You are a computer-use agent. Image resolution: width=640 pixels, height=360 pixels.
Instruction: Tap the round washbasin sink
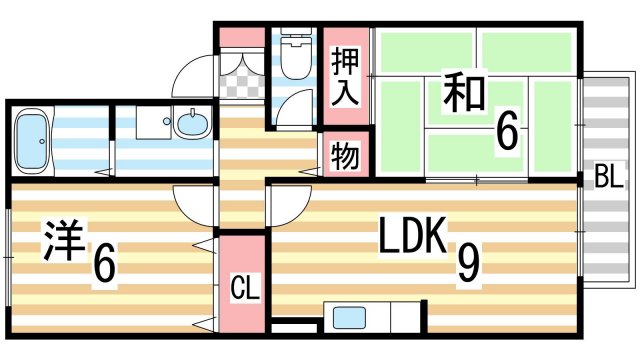191,126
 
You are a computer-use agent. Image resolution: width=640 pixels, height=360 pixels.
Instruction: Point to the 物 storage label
345,158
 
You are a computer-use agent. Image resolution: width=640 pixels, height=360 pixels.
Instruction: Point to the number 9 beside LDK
467,262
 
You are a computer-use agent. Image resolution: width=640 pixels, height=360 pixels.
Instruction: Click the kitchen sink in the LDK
351,320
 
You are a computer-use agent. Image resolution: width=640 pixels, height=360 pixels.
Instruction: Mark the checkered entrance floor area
241,74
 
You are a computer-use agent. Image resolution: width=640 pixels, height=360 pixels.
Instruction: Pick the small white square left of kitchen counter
284,327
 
